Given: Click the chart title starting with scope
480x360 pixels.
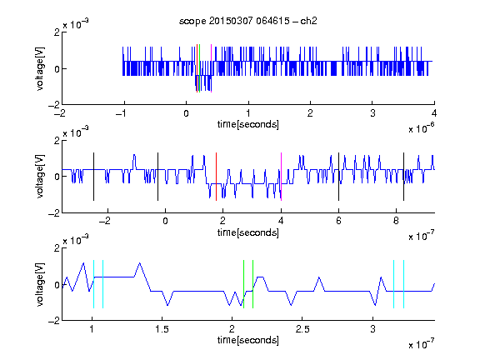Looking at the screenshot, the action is click(248, 21).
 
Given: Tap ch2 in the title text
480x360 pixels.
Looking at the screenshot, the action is click(308, 21).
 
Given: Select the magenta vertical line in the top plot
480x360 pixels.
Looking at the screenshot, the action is click(211, 68).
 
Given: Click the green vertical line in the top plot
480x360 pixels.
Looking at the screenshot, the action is click(200, 68).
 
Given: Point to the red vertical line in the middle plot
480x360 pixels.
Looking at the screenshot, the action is click(216, 177).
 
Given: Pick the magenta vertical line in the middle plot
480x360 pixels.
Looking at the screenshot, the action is click(281, 177).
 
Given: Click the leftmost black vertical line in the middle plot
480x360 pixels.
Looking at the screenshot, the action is click(93, 177).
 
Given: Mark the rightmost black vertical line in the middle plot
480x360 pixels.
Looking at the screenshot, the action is click(404, 177).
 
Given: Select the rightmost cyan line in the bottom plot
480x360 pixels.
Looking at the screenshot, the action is click(404, 284).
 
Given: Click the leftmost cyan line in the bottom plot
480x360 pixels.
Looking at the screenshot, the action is click(93, 284).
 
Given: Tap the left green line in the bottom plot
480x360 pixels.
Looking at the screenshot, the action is click(243, 284).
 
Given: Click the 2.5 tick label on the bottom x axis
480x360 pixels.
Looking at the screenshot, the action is click(302, 329).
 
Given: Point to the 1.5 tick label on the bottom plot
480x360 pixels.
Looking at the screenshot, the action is click(162, 329).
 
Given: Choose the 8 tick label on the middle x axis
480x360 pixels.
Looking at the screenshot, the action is click(396, 221).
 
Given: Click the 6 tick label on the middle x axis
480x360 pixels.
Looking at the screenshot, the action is click(338, 221).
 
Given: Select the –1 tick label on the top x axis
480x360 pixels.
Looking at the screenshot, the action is click(121, 113).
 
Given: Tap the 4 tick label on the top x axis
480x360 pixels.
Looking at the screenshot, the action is click(434, 113).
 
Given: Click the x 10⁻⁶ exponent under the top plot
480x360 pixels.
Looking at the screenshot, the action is click(422, 128).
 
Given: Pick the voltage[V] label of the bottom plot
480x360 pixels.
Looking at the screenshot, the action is click(40, 284).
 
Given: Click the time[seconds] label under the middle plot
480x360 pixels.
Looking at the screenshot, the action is click(248, 232).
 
